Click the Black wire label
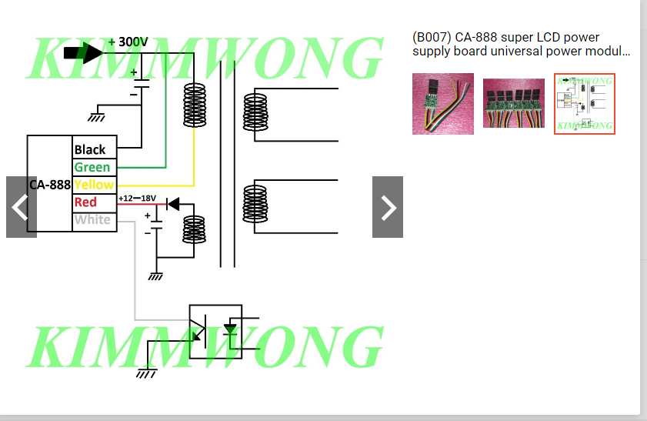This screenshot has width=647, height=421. [90, 149]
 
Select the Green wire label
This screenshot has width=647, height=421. [92, 167]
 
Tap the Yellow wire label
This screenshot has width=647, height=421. [94, 185]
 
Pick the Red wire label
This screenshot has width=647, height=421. [85, 202]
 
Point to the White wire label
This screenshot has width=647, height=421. [92, 220]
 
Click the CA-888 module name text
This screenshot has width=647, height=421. [50, 185]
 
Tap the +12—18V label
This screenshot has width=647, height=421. [137, 199]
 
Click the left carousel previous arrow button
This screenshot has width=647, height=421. [22, 207]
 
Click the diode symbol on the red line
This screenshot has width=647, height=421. [173, 204]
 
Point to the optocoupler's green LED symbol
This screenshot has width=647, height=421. [230, 330]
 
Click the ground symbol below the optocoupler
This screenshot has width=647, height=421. [146, 373]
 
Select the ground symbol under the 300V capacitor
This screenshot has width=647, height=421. [96, 117]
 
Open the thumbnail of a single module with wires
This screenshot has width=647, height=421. [443, 104]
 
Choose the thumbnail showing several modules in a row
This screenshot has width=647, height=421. [514, 104]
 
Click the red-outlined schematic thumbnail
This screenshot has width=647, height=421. [585, 104]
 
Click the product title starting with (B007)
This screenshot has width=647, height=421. [521, 45]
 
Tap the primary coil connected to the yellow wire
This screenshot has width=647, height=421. [194, 105]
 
